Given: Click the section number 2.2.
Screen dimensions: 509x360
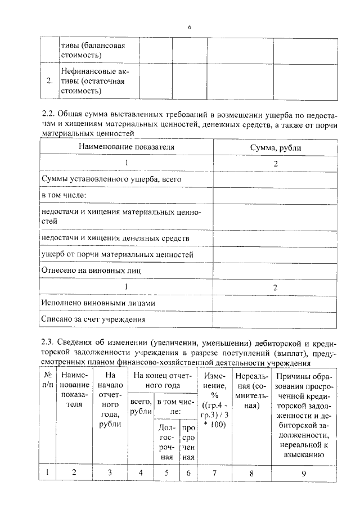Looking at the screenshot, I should (49, 113).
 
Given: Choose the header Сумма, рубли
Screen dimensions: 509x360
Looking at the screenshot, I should (275, 147).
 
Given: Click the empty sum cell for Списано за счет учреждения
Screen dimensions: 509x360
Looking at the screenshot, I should (275, 319).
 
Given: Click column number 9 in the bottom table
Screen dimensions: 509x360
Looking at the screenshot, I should (303, 472).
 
